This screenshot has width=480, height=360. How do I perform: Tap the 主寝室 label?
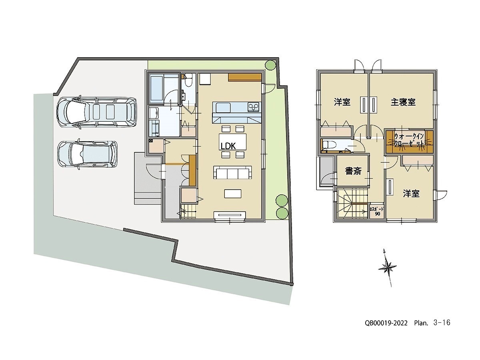[403, 102]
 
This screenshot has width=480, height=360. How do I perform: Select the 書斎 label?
[353, 172]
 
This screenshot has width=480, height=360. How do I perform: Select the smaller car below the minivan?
[87, 154]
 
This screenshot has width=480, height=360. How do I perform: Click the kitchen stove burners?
[253, 107]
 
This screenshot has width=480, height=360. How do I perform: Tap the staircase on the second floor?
[352, 203]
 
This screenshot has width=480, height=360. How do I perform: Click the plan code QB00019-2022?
[386, 323]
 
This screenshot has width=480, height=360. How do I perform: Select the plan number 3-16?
[442, 323]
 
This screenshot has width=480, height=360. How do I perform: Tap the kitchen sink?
[223, 107]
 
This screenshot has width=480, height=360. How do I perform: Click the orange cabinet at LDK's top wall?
[245, 77]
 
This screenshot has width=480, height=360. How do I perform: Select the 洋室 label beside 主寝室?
[342, 102]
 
